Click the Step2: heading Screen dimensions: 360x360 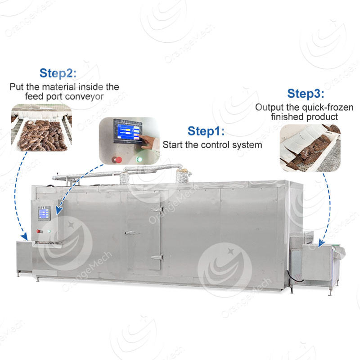(x=58, y=73)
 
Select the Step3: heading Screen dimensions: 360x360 (x=305, y=94)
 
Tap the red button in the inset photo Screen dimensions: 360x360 (x=119, y=160)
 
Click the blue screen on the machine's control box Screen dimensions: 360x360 (x=44, y=213)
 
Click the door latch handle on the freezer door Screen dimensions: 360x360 (x=130, y=233)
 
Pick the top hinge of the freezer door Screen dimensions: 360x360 (x=157, y=209)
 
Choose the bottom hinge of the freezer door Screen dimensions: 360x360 (x=157, y=257)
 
